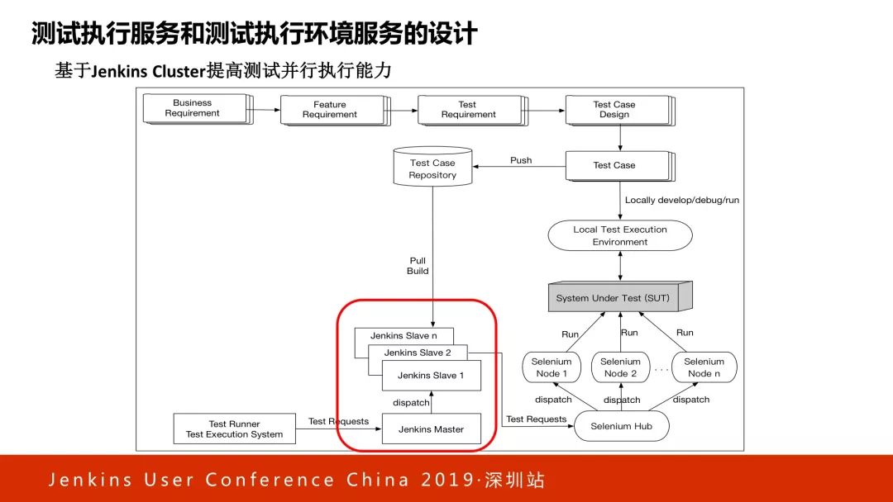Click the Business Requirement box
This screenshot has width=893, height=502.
click(x=193, y=108)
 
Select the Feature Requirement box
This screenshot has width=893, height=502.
click(x=331, y=110)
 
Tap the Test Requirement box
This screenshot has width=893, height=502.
click(x=468, y=110)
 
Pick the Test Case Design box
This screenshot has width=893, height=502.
click(x=615, y=110)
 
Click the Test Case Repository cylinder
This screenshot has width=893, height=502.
click(x=432, y=168)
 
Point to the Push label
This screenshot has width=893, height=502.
click(x=521, y=160)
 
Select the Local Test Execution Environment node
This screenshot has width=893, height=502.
click(x=620, y=235)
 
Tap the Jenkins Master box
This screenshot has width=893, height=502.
click(x=431, y=429)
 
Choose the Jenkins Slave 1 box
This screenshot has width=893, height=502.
click(x=431, y=376)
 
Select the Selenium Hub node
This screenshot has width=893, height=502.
click(x=620, y=426)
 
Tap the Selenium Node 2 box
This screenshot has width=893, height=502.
click(x=620, y=367)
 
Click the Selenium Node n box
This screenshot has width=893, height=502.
click(x=704, y=367)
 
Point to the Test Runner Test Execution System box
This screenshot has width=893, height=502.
click(x=235, y=429)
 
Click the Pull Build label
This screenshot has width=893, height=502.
click(x=418, y=266)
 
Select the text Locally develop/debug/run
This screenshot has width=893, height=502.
click(x=682, y=200)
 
